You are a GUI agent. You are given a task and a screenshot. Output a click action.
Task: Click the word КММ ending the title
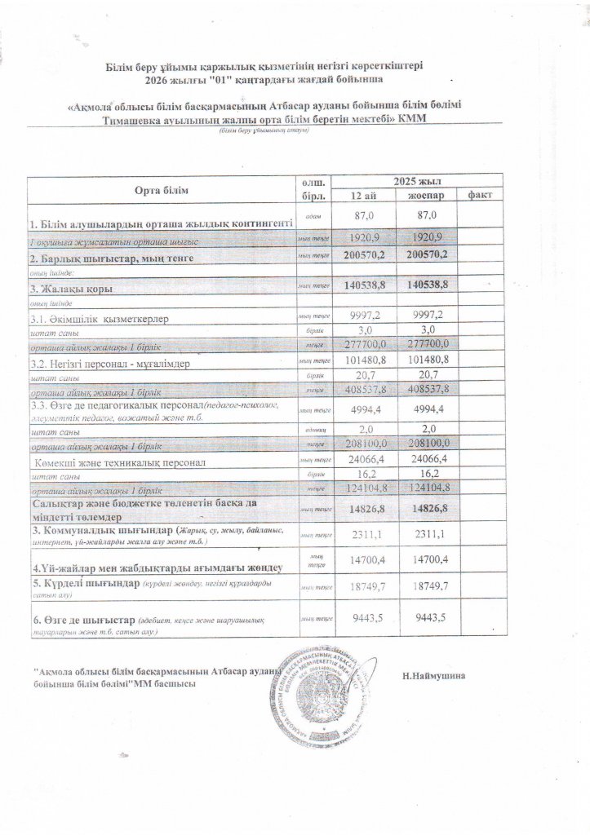[x=414, y=120]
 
